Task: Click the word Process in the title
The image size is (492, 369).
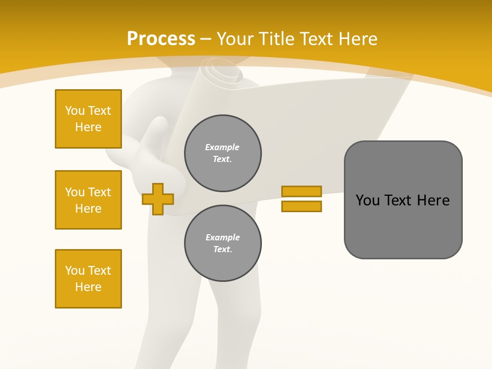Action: pos(161,39)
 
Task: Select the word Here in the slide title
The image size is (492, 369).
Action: pos(358,39)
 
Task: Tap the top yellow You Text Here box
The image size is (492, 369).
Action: pos(88,119)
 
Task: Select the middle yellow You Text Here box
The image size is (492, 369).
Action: pos(88,200)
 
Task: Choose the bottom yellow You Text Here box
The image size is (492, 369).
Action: pos(88,279)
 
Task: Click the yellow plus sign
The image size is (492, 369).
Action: pos(158,199)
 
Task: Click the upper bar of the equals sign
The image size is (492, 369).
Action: pos(301,191)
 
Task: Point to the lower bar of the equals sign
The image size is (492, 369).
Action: pos(301,207)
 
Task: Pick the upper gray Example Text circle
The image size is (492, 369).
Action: pos(223,153)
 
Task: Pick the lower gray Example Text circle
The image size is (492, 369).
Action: pos(223,243)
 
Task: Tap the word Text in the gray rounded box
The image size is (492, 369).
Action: pos(399,200)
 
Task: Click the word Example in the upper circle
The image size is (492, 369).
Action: pos(222,147)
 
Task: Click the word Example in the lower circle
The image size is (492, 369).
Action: pos(222,237)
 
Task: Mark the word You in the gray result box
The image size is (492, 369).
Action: pos(367,200)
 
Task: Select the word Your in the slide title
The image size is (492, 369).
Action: pos(236,39)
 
